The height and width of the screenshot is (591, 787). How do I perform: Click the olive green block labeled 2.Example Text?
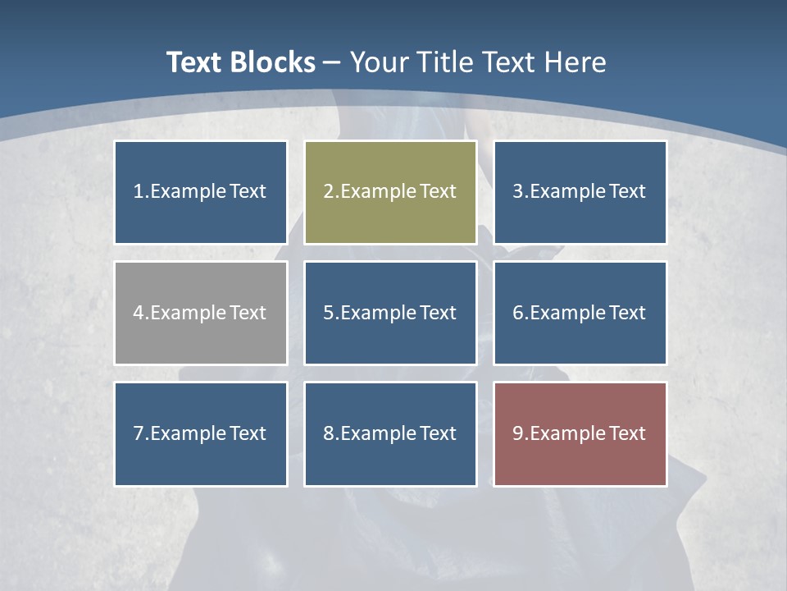[x=390, y=192]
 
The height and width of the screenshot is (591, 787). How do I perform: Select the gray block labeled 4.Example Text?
[x=201, y=313]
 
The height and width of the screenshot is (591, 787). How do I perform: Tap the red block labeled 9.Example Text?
[x=580, y=433]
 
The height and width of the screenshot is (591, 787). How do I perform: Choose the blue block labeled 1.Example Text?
[x=201, y=192]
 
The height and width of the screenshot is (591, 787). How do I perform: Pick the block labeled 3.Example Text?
[x=580, y=192]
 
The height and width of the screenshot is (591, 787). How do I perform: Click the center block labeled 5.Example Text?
[x=390, y=313]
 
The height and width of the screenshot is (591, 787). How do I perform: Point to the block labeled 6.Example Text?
[x=580, y=313]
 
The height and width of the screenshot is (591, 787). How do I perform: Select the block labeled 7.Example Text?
[x=201, y=433]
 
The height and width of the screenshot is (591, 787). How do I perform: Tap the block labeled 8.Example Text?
[x=390, y=433]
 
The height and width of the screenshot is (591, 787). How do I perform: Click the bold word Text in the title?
[x=194, y=62]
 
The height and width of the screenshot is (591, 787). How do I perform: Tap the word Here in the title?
[x=578, y=62]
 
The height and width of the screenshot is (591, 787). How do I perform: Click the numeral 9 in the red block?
[x=518, y=433]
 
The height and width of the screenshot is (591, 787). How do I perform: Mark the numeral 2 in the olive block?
[x=328, y=192]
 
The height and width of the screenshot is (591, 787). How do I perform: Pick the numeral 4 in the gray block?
[x=139, y=313]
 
